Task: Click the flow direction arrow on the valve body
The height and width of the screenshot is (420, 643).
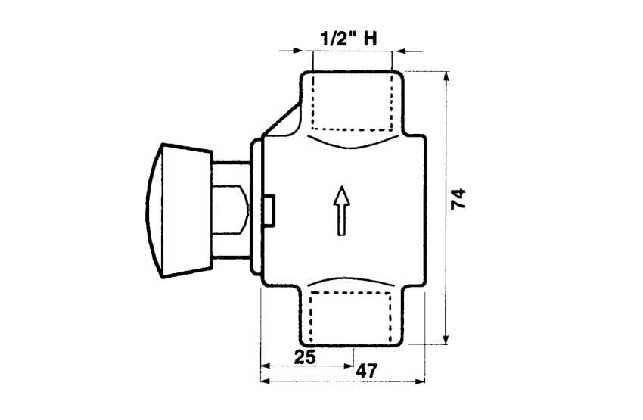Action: pyautogui.click(x=341, y=211)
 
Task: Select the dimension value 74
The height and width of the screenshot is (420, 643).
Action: pyautogui.click(x=458, y=199)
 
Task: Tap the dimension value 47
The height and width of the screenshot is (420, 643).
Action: pyautogui.click(x=366, y=372)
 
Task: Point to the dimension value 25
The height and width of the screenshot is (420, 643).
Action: pyautogui.click(x=306, y=357)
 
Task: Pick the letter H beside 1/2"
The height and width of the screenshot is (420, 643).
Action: pyautogui.click(x=371, y=39)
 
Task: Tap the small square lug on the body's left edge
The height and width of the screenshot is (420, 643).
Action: pyautogui.click(x=270, y=210)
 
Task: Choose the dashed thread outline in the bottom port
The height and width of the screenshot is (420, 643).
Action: pyautogui.click(x=350, y=316)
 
